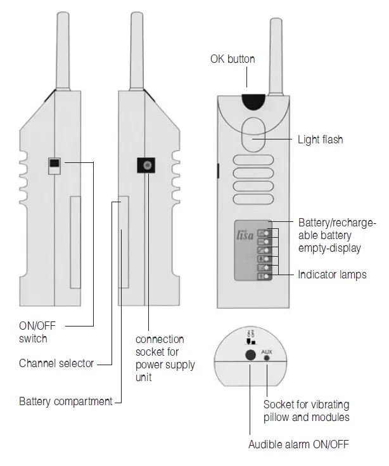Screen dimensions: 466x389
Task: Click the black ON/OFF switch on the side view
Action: click(54, 165)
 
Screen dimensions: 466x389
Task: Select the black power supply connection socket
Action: click(147, 166)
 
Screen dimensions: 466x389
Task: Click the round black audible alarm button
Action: click(252, 356)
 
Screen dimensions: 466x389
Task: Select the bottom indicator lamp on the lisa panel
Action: click(268, 276)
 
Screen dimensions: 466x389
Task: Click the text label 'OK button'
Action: click(233, 59)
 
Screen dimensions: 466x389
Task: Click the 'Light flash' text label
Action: click(320, 139)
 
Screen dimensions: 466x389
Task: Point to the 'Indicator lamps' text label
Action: click(332, 275)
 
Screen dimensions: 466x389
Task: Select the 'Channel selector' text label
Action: click(56, 364)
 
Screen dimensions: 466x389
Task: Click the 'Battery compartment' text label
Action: click(65, 401)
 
